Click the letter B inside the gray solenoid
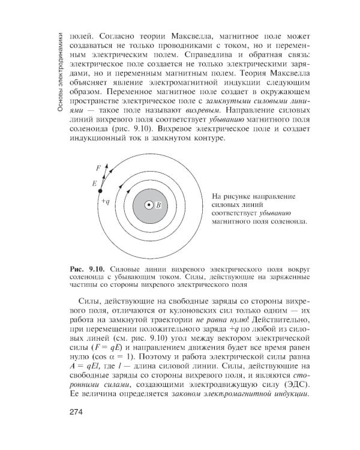159,205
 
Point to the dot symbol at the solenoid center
149,205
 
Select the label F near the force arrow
98,167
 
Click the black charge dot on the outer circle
101,191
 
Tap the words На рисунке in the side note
228,196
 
